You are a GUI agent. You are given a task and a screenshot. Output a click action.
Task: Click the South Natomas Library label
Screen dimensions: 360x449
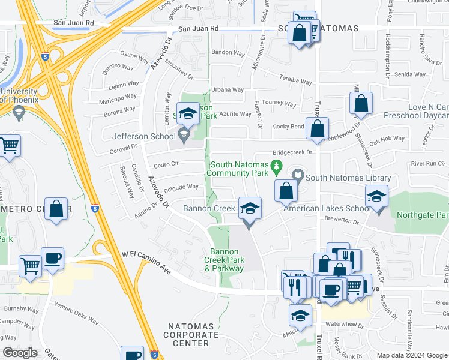[x=348, y=178]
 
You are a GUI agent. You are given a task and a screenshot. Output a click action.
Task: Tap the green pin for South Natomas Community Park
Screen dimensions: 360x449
[x=277, y=166]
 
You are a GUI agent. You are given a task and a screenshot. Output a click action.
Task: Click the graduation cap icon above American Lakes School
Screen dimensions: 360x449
[x=376, y=196]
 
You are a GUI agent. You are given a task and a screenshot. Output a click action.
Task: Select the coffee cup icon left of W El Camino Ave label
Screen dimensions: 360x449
[x=52, y=258]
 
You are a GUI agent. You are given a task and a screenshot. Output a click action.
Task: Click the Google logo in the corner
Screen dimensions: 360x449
[x=20, y=353]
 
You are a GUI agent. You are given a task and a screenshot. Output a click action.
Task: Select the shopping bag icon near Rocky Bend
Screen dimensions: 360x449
[x=317, y=128]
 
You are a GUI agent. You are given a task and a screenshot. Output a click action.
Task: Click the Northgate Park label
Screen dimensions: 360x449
[x=429, y=214]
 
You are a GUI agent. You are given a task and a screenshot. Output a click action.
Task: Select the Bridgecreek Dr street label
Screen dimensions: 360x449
[x=294, y=153]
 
